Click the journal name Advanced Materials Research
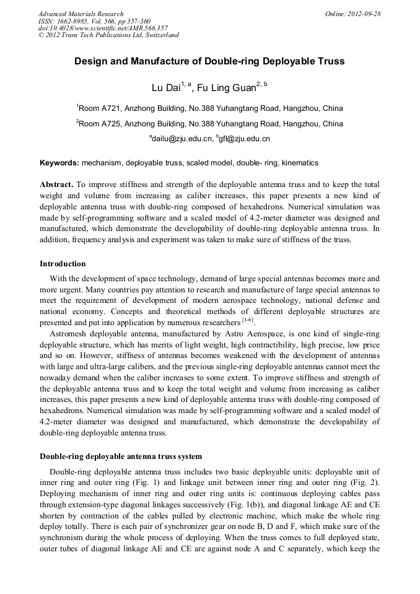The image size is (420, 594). coord(81,14)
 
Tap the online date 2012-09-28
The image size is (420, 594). coord(364,14)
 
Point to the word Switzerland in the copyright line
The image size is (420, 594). coord(162,35)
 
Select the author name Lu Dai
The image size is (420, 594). coord(165,87)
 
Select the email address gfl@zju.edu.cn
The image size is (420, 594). coord(245,139)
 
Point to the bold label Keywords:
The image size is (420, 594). coord(59,163)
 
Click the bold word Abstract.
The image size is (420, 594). coord(56,185)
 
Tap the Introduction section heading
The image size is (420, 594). coord(63,264)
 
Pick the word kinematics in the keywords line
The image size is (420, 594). coord(300,163)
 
